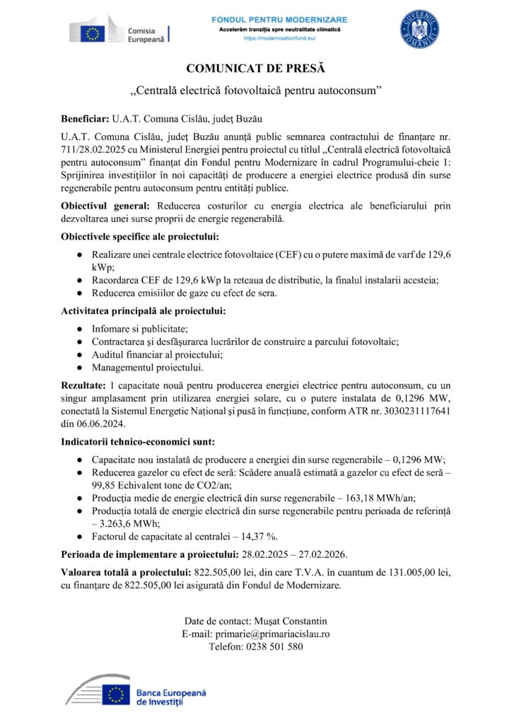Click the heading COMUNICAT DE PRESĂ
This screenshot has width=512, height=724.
(x=255, y=69)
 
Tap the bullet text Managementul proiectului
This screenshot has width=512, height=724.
(x=147, y=368)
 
